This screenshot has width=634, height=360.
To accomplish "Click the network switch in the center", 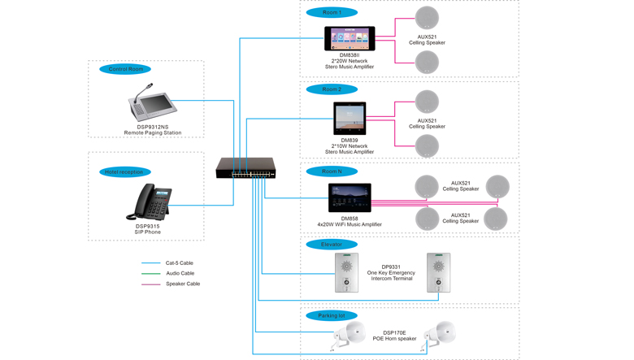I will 245,168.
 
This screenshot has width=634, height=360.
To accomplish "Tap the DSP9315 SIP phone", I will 150,202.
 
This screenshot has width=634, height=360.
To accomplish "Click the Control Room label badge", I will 124,69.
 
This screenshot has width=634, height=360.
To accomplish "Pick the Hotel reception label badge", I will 124,171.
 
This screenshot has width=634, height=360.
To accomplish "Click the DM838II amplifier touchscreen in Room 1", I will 350,38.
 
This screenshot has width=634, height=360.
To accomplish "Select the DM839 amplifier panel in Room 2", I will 350,119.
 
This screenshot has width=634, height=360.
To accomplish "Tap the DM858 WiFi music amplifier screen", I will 350,198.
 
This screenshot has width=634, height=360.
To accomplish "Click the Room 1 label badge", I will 332,12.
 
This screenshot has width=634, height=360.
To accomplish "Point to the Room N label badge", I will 332,171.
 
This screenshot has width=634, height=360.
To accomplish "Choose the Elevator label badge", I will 332,244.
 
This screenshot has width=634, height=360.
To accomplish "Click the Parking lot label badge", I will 332,315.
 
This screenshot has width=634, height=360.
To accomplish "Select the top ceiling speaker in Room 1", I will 427,17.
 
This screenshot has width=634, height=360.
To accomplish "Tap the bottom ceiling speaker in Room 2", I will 427,145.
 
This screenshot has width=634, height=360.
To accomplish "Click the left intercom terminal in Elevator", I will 347,272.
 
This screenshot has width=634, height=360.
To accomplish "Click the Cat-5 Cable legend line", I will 150,263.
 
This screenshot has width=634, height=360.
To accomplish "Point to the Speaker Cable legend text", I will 183,284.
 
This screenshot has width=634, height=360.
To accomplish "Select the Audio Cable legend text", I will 180,273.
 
